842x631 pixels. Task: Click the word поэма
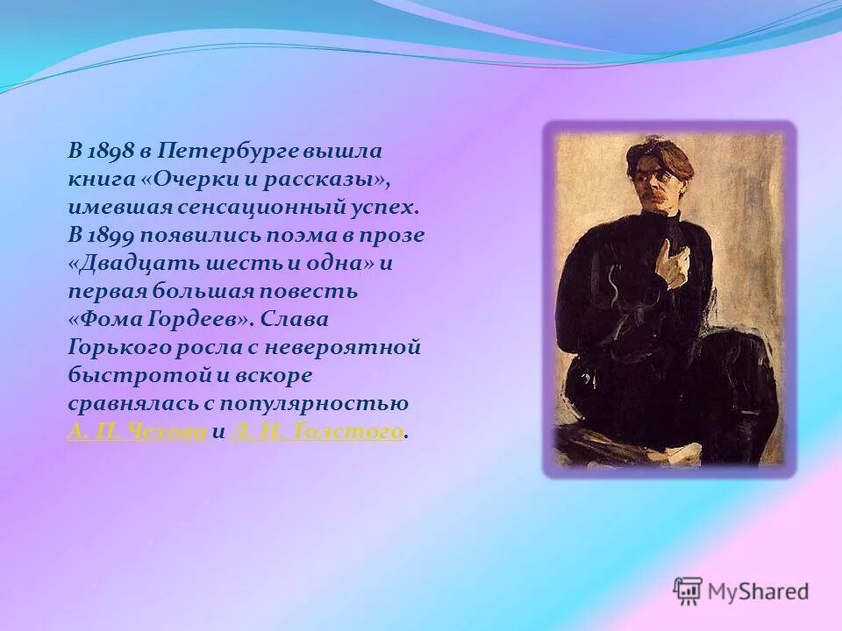tap(296, 235)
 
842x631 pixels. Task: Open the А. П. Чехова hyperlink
tap(137, 431)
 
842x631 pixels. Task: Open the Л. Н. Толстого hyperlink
tap(317, 431)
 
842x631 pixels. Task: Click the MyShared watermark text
tap(758, 592)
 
